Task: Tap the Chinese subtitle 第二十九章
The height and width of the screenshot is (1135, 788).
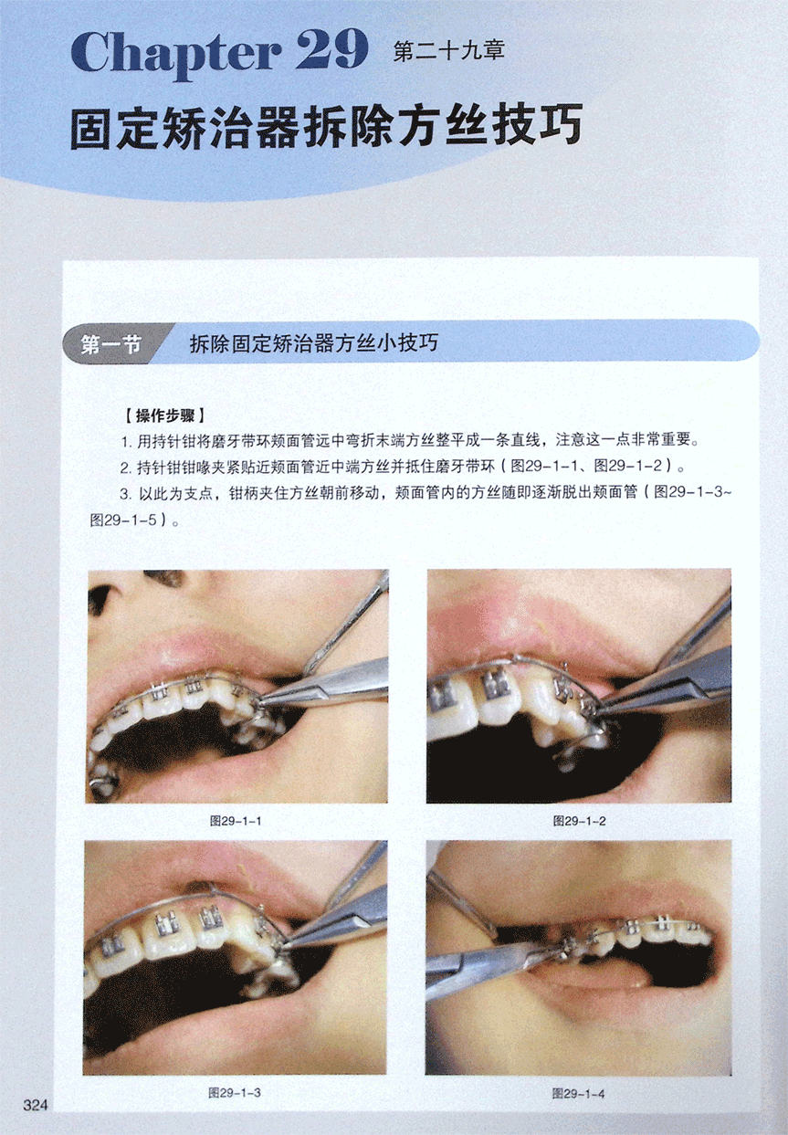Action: (448, 50)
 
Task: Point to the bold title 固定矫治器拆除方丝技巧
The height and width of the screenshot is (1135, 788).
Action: (326, 125)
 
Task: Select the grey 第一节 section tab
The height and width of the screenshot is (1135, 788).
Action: (112, 344)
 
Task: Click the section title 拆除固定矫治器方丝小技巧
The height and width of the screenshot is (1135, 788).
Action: (314, 343)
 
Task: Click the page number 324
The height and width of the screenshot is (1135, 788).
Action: (36, 1105)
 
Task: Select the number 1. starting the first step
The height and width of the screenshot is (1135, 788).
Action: (127, 441)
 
